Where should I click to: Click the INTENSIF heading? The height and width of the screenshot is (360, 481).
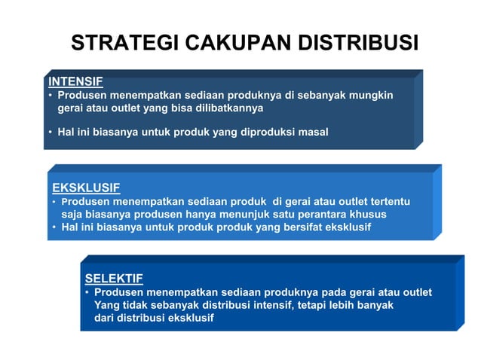[75, 81]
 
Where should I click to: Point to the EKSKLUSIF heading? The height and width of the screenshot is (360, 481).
[86, 188]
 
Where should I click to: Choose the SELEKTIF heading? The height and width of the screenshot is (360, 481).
[114, 278]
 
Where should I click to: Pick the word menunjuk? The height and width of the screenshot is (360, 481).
[243, 214]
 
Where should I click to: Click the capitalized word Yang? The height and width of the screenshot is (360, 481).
[106, 305]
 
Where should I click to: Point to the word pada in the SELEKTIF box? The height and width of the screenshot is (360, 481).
[337, 292]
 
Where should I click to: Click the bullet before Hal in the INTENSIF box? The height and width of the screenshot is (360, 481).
[50, 133]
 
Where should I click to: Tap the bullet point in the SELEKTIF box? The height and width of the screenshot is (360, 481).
[87, 292]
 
